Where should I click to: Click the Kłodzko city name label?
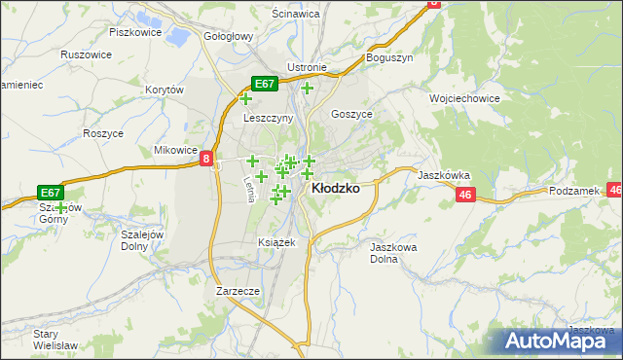[x=334, y=190]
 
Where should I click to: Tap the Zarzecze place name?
[x=238, y=291]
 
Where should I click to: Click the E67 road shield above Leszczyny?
[x=266, y=85]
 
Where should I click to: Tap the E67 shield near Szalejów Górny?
[x=52, y=193]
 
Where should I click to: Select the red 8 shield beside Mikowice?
[x=207, y=160]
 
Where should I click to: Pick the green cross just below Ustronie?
[x=307, y=89]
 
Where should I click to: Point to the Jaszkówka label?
[x=444, y=176]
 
